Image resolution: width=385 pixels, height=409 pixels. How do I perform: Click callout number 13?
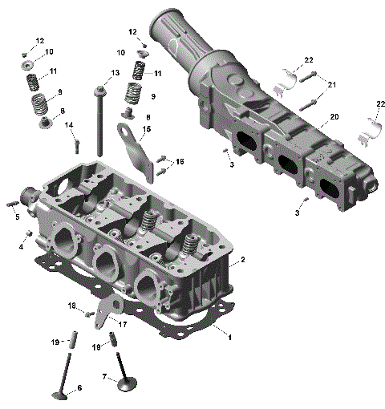coord(115,73)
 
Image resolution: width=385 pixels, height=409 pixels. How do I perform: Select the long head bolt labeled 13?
coord(99,120)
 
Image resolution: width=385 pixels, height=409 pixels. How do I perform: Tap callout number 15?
coord(146,129)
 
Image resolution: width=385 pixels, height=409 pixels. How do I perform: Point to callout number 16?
coord(180,162)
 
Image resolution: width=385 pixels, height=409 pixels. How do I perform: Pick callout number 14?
coord(69,125)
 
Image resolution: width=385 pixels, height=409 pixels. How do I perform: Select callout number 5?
coord(17,217)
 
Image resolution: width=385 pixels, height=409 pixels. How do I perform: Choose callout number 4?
coord(21,246)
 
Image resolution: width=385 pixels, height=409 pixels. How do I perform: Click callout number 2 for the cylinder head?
coord(243,260)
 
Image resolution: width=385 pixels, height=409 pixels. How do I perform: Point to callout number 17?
coord(124,324)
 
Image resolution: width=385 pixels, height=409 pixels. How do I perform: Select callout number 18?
coord(72,306)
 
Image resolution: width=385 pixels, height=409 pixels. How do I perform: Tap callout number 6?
coord(79,390)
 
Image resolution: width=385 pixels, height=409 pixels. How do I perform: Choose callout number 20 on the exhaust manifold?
coord(334,116)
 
